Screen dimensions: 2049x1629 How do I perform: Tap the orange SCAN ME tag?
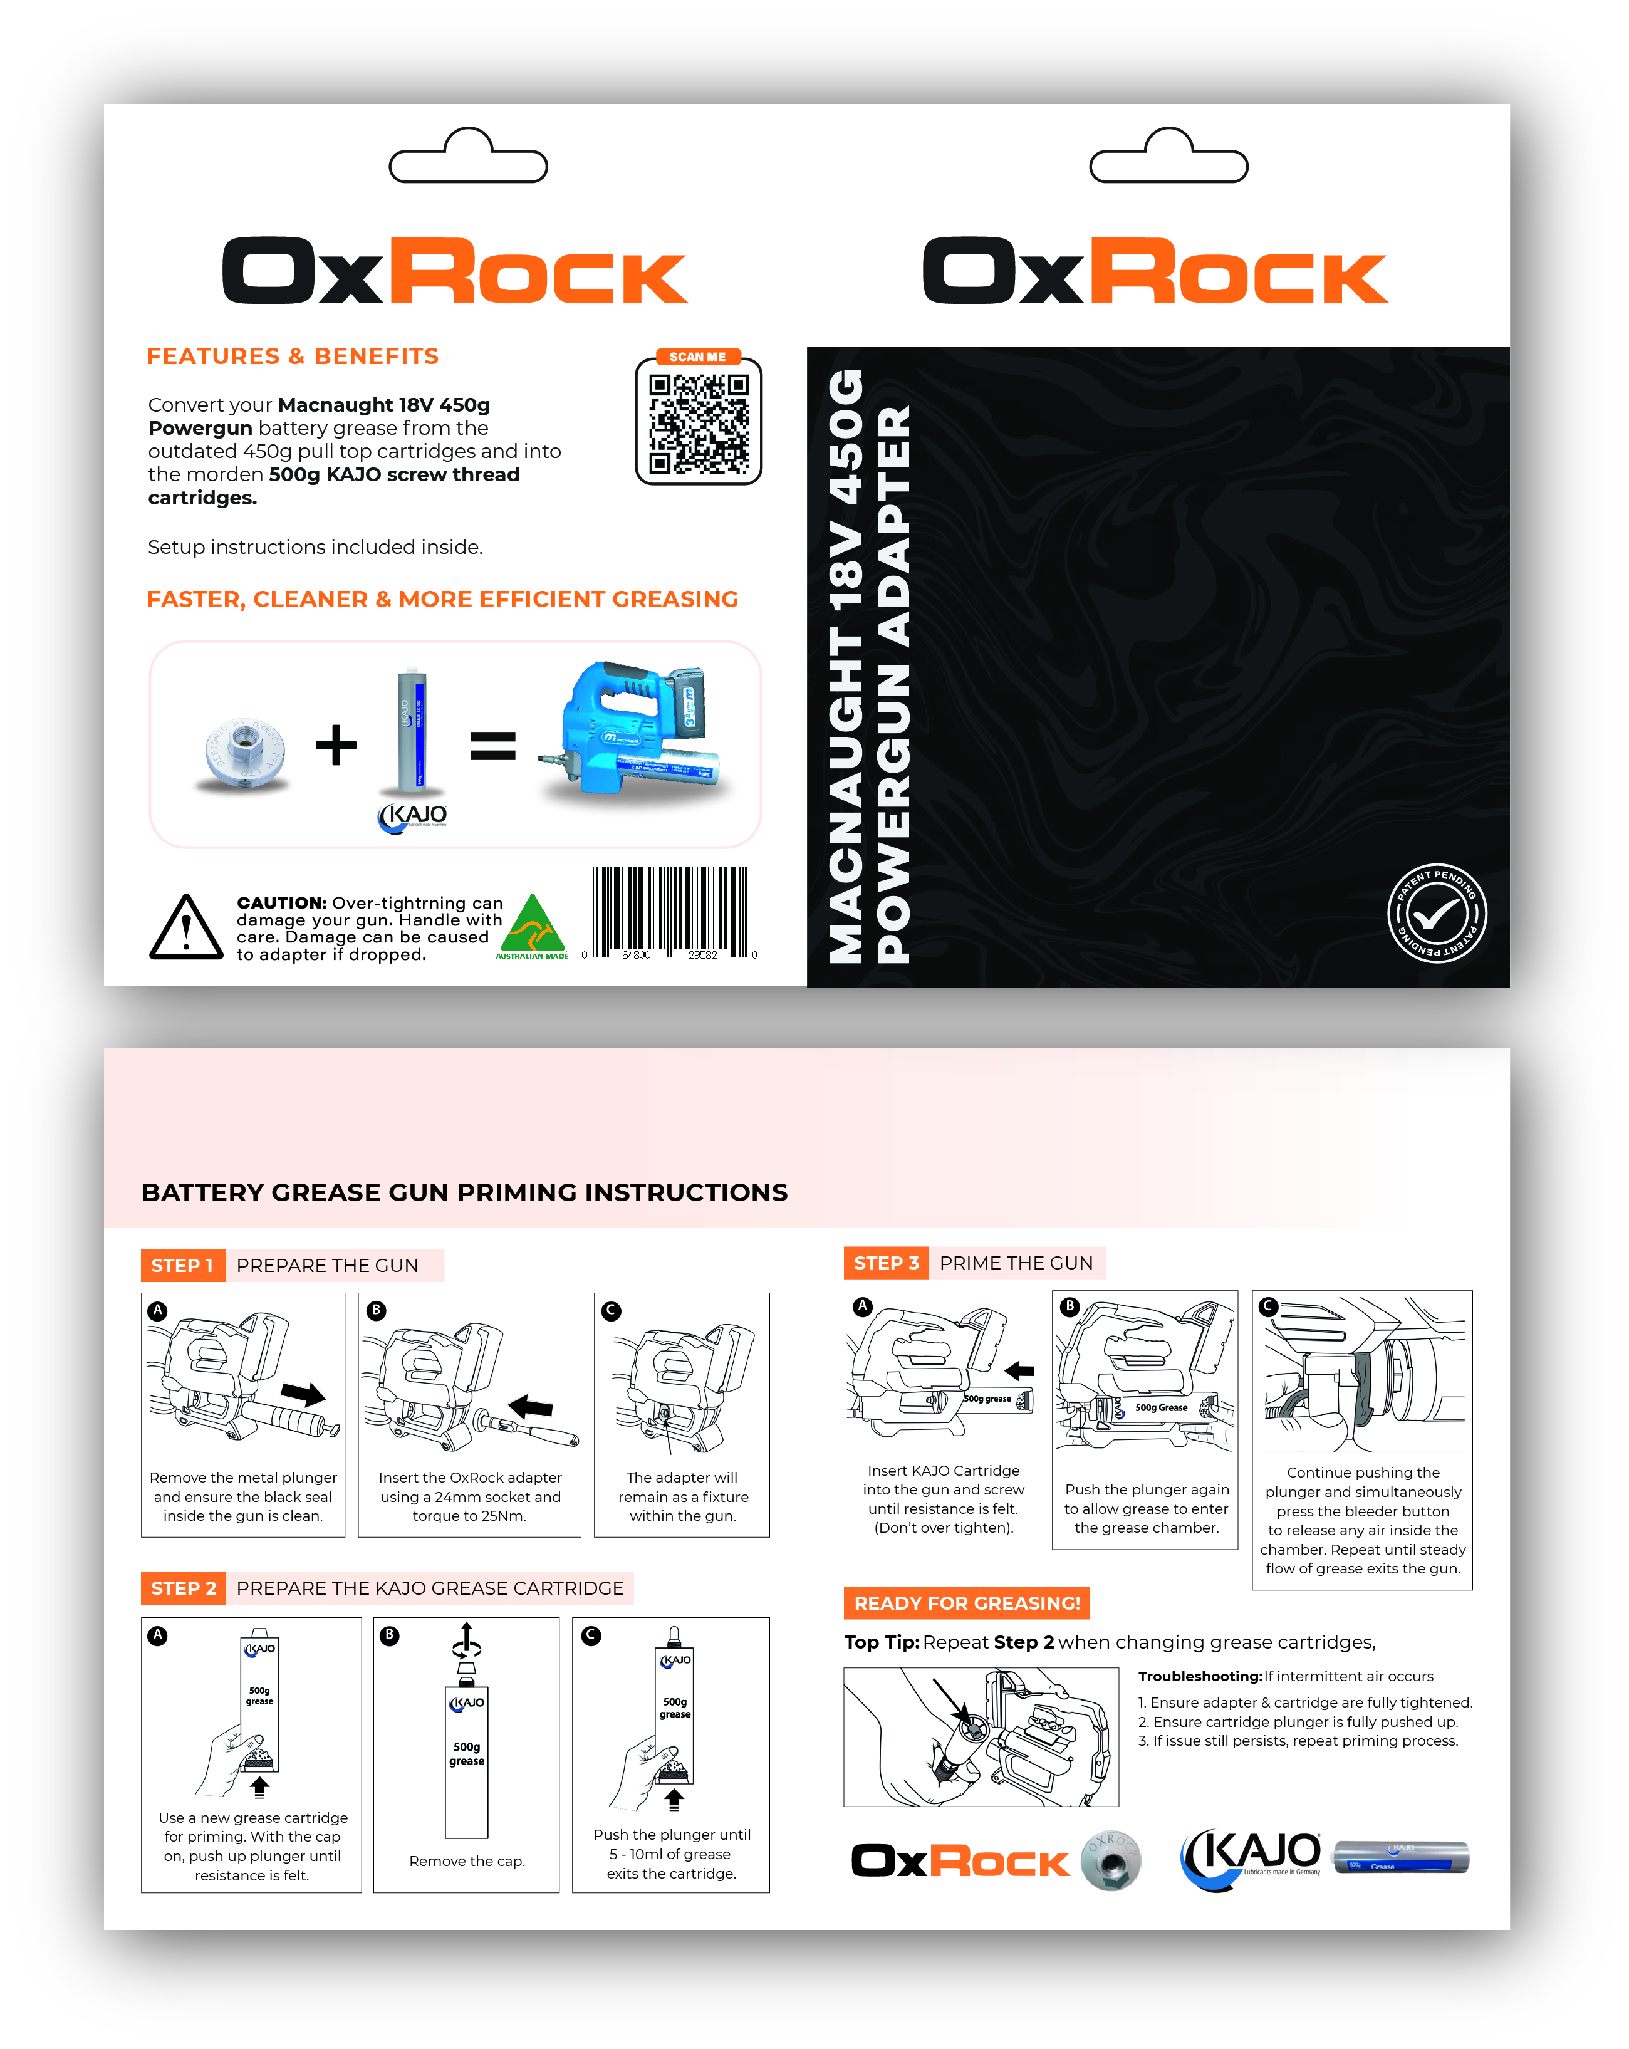(x=697, y=357)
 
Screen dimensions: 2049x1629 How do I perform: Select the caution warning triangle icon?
(x=186, y=927)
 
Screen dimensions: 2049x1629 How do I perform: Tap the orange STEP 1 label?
(x=182, y=1266)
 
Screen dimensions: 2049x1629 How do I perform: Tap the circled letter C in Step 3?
(x=1268, y=1306)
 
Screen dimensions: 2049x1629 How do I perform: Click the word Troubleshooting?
(x=1199, y=1676)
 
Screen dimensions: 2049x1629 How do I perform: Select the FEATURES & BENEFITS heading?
(x=293, y=357)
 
